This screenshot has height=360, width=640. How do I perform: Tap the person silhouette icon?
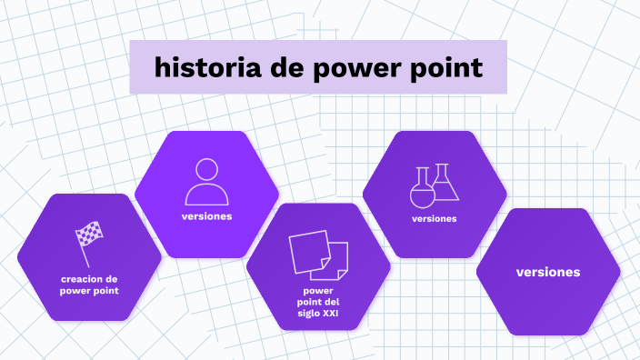(206, 182)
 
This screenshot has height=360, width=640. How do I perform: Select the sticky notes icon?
(317, 255)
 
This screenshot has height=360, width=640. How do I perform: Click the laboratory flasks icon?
(434, 185)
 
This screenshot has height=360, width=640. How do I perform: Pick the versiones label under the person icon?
(206, 216)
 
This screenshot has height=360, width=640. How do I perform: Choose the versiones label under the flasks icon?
(434, 218)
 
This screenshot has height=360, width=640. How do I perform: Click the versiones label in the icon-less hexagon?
(548, 272)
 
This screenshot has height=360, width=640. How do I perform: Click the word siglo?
(308, 314)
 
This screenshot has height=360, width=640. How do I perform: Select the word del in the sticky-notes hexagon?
(331, 302)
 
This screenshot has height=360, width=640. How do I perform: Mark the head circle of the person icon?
(206, 171)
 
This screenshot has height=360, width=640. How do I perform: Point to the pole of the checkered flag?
(84, 248)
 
